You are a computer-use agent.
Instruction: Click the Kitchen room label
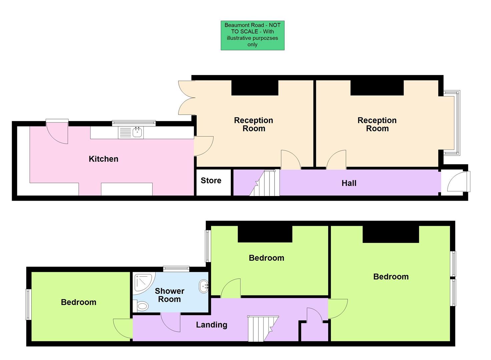tap(103, 159)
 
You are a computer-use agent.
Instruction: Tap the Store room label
tap(211, 181)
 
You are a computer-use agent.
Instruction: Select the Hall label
tap(349, 183)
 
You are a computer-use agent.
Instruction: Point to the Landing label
tap(211, 325)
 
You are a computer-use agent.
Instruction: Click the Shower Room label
tap(169, 295)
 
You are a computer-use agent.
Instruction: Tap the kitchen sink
tap(137, 132)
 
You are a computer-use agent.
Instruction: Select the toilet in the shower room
tap(142, 306)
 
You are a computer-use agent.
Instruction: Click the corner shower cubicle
tap(143, 283)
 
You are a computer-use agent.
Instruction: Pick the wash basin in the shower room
tap(204, 286)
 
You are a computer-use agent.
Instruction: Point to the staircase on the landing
tap(263, 328)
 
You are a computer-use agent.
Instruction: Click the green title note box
tap(253, 35)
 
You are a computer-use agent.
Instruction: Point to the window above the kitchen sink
tap(134, 123)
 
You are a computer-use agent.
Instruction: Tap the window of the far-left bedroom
tap(28, 304)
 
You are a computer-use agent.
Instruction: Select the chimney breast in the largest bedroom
tap(391, 234)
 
